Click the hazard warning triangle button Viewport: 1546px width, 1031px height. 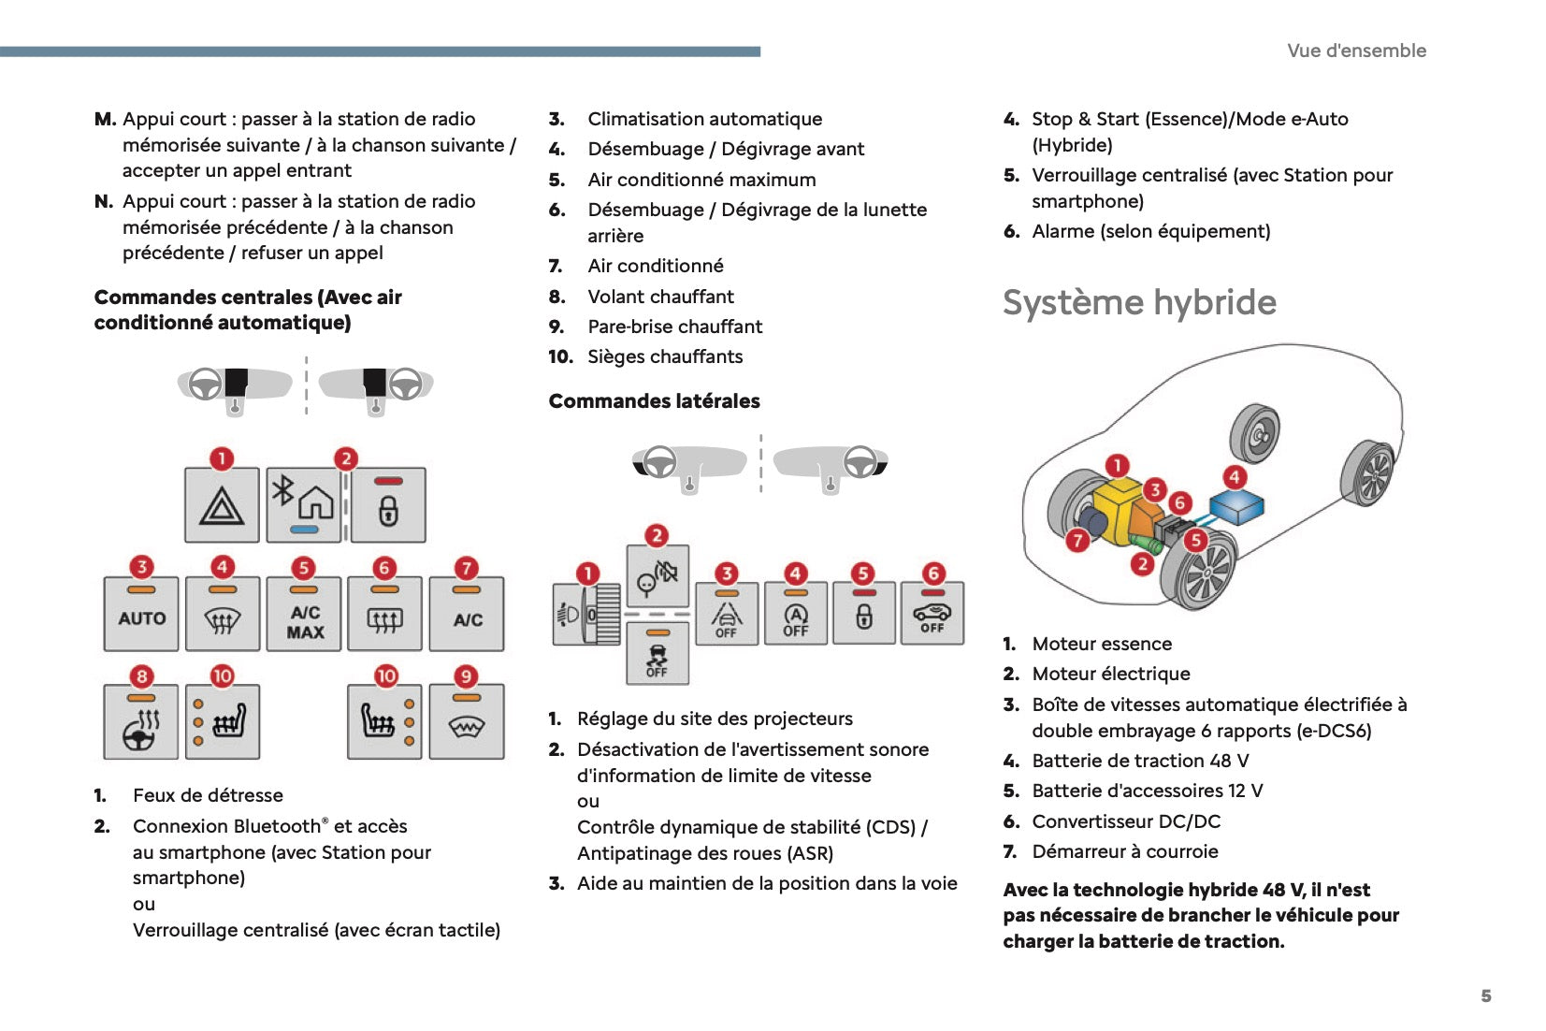(x=222, y=506)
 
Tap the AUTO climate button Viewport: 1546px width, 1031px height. (x=141, y=615)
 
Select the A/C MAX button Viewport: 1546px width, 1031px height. (x=304, y=615)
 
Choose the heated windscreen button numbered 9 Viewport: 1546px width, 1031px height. (x=466, y=722)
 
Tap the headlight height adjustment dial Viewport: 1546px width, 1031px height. (x=587, y=615)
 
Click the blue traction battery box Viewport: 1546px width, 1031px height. (x=1236, y=508)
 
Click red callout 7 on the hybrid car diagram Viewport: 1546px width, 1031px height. (x=1077, y=540)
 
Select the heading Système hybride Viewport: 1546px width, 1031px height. (x=1139, y=302)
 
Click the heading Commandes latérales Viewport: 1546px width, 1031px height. (x=654, y=401)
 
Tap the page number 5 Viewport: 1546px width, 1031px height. (x=1485, y=995)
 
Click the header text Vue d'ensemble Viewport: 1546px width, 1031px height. (x=1356, y=51)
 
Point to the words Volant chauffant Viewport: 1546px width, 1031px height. (x=660, y=297)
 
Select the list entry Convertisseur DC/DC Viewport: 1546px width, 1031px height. (x=1126, y=821)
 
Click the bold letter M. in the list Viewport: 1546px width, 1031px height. (x=105, y=119)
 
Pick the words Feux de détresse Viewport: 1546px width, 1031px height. (x=208, y=795)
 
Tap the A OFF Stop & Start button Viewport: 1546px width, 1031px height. (x=795, y=615)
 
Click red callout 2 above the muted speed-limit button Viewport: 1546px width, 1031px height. (x=657, y=535)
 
